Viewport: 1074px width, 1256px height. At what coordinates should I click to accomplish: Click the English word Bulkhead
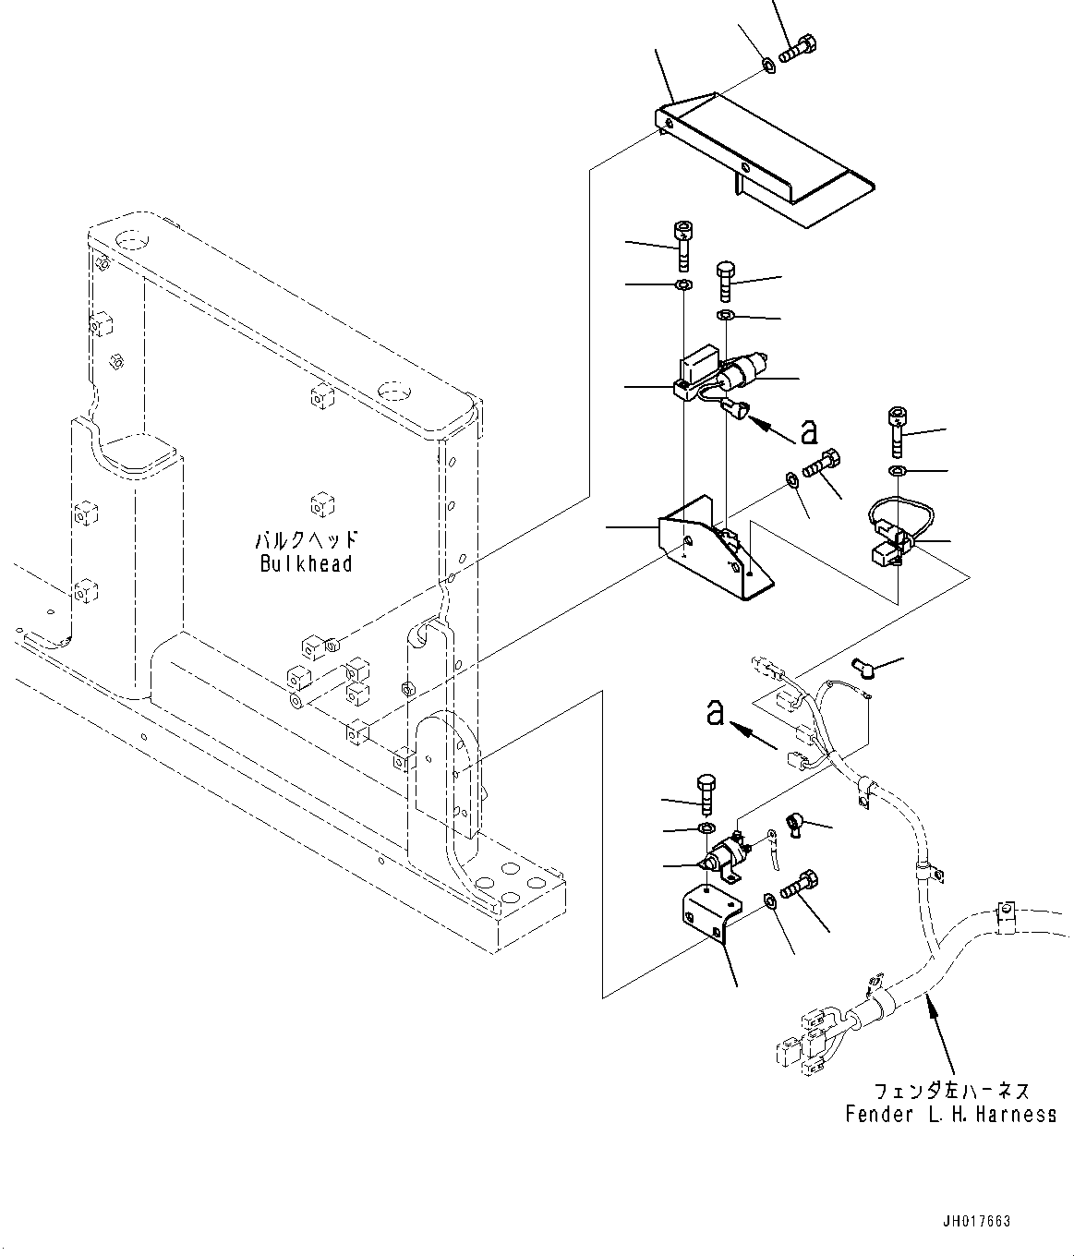tap(306, 563)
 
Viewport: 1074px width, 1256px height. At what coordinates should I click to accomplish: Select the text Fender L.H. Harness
tap(950, 1115)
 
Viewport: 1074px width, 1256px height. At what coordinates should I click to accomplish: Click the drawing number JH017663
tap(978, 1221)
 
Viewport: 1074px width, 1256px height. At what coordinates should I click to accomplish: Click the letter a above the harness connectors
tap(714, 713)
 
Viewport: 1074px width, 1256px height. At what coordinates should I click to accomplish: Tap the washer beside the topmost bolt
tap(767, 65)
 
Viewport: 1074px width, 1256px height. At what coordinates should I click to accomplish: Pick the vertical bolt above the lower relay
tap(705, 793)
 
